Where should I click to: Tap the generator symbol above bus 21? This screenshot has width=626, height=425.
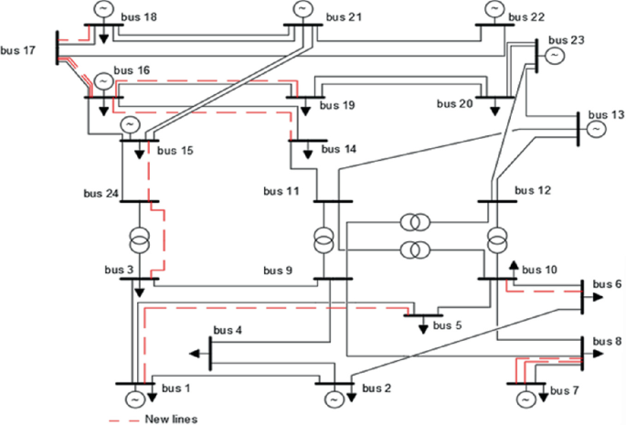[x=302, y=9]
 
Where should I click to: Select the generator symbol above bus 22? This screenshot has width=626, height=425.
[x=494, y=9]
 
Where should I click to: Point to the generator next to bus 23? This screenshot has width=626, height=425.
[x=554, y=57]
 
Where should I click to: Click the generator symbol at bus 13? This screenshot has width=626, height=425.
[x=595, y=129]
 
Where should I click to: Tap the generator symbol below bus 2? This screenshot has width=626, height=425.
[x=331, y=399]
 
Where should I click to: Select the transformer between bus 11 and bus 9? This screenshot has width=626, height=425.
[x=323, y=239]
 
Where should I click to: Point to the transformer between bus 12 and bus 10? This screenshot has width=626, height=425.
[x=496, y=239]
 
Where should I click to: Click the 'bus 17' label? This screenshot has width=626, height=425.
[x=18, y=49]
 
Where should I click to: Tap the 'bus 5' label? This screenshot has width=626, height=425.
[x=448, y=324]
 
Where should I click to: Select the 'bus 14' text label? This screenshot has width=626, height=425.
[x=339, y=148]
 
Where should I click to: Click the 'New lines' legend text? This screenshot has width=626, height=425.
[x=170, y=419]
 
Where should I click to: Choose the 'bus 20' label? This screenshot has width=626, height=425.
[x=453, y=103]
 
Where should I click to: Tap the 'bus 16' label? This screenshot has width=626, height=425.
[x=129, y=69]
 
